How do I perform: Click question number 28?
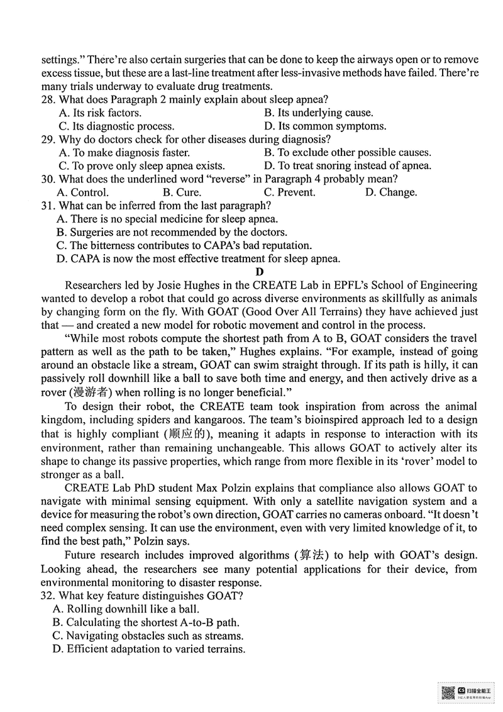click(48, 99)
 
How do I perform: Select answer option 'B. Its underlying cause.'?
click(318, 113)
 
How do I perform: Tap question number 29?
click(48, 139)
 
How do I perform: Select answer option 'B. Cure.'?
click(182, 192)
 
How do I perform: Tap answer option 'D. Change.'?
click(390, 192)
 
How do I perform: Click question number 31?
click(48, 206)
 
